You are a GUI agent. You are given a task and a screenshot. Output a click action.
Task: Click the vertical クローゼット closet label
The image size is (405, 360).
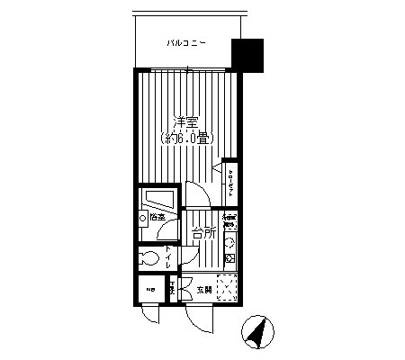click(232, 183)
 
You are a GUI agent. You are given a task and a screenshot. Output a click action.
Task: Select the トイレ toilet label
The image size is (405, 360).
click(167, 260)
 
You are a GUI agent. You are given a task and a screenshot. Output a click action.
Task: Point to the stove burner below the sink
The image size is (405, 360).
click(229, 259)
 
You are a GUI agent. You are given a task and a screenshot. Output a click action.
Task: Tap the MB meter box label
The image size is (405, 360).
click(150, 289)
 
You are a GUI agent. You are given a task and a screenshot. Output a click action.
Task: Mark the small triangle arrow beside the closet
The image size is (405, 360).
click(217, 169)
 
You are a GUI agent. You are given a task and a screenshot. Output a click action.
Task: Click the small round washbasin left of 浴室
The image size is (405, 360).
click(144, 219)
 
